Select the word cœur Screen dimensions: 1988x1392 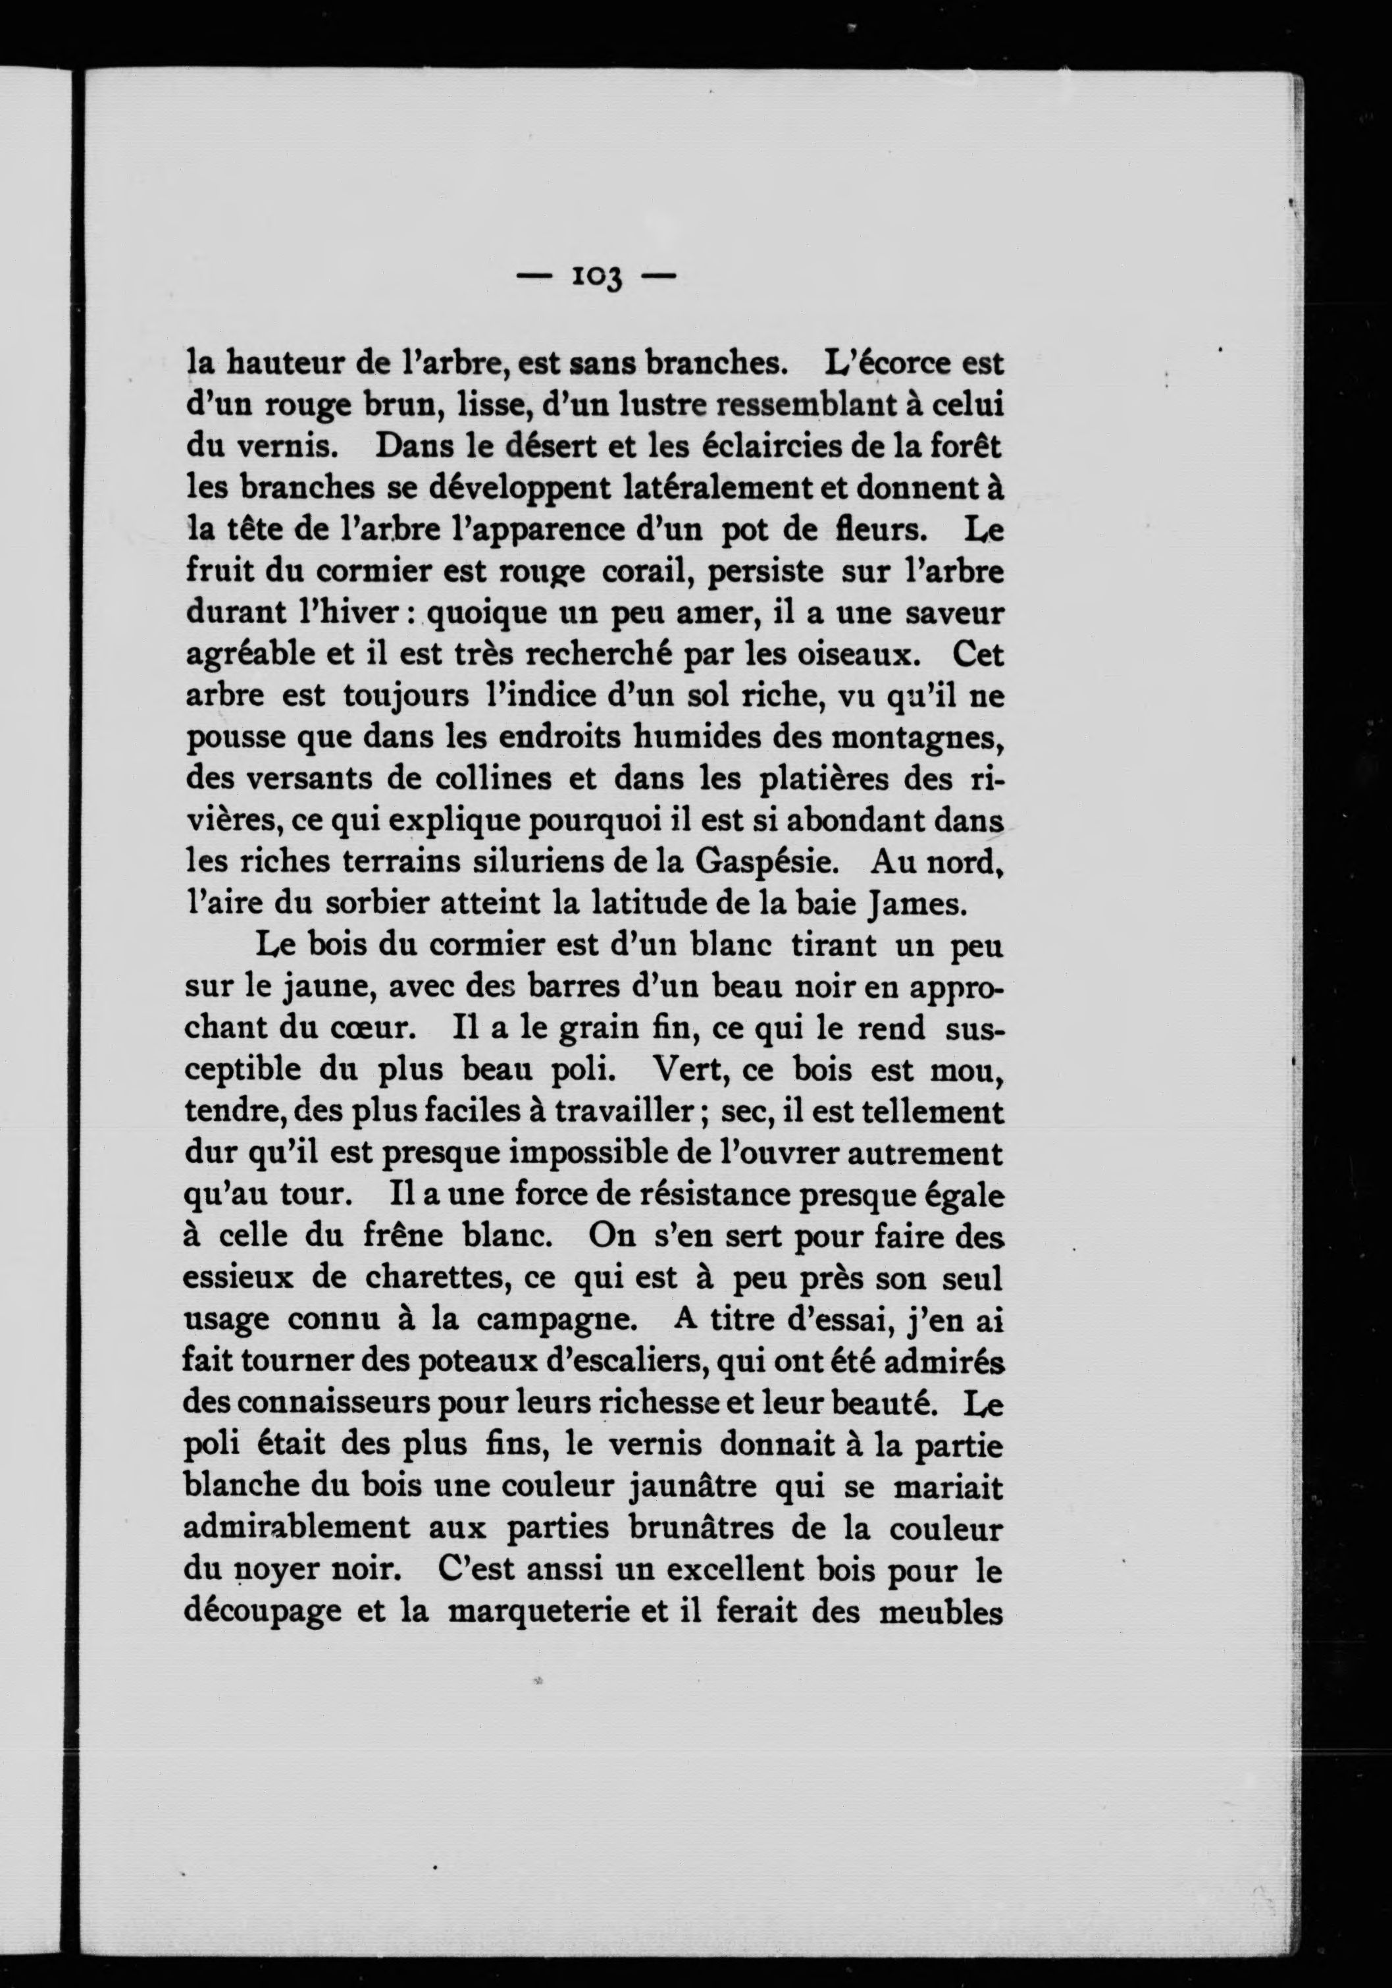click(x=373, y=1029)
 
